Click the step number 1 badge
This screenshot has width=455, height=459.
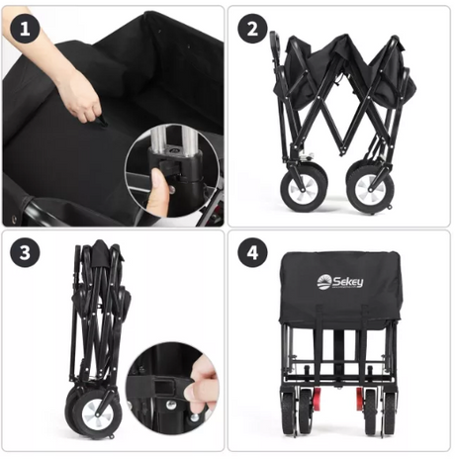[x=27, y=30]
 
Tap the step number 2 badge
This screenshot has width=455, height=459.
[x=253, y=30]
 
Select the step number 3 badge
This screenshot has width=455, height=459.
[x=27, y=253]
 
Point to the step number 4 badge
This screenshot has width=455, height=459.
[x=253, y=253]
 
